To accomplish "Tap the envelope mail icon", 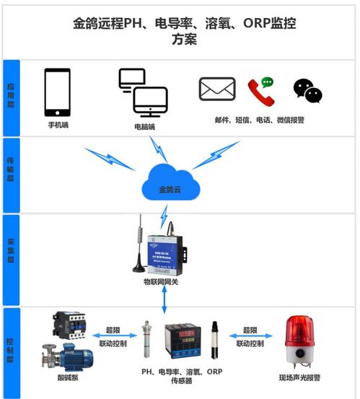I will click(218, 90).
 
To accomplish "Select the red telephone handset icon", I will click(261, 92).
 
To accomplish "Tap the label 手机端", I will click(58, 125).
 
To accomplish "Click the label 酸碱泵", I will click(69, 377).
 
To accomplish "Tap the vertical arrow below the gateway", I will click(167, 301).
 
